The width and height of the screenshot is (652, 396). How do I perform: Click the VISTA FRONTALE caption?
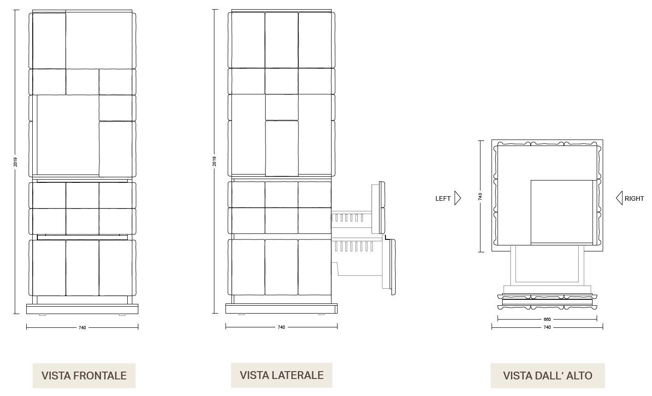[84, 376]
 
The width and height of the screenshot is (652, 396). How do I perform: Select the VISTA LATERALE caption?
[281, 375]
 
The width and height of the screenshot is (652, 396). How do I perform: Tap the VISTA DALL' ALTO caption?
[547, 376]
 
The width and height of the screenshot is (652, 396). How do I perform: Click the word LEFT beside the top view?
[443, 198]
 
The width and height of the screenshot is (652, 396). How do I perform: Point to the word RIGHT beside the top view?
[634, 198]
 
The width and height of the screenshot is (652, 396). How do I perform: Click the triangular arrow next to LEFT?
[457, 198]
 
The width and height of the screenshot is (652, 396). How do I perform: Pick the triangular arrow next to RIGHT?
[619, 198]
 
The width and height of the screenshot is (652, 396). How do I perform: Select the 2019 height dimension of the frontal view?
[15, 162]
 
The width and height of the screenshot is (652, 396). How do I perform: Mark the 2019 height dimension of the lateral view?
[214, 162]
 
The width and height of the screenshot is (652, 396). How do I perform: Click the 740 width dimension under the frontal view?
[82, 327]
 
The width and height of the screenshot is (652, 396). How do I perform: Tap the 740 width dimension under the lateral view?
[281, 327]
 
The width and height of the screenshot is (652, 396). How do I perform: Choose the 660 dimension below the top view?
[547, 319]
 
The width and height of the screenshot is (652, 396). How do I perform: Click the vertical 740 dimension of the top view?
[480, 196]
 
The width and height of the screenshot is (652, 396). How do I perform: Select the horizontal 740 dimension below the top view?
[547, 327]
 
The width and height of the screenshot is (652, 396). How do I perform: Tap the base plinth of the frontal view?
[82, 309]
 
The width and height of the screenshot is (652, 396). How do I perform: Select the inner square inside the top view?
[561, 211]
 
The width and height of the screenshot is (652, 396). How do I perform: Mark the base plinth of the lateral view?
[281, 309]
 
